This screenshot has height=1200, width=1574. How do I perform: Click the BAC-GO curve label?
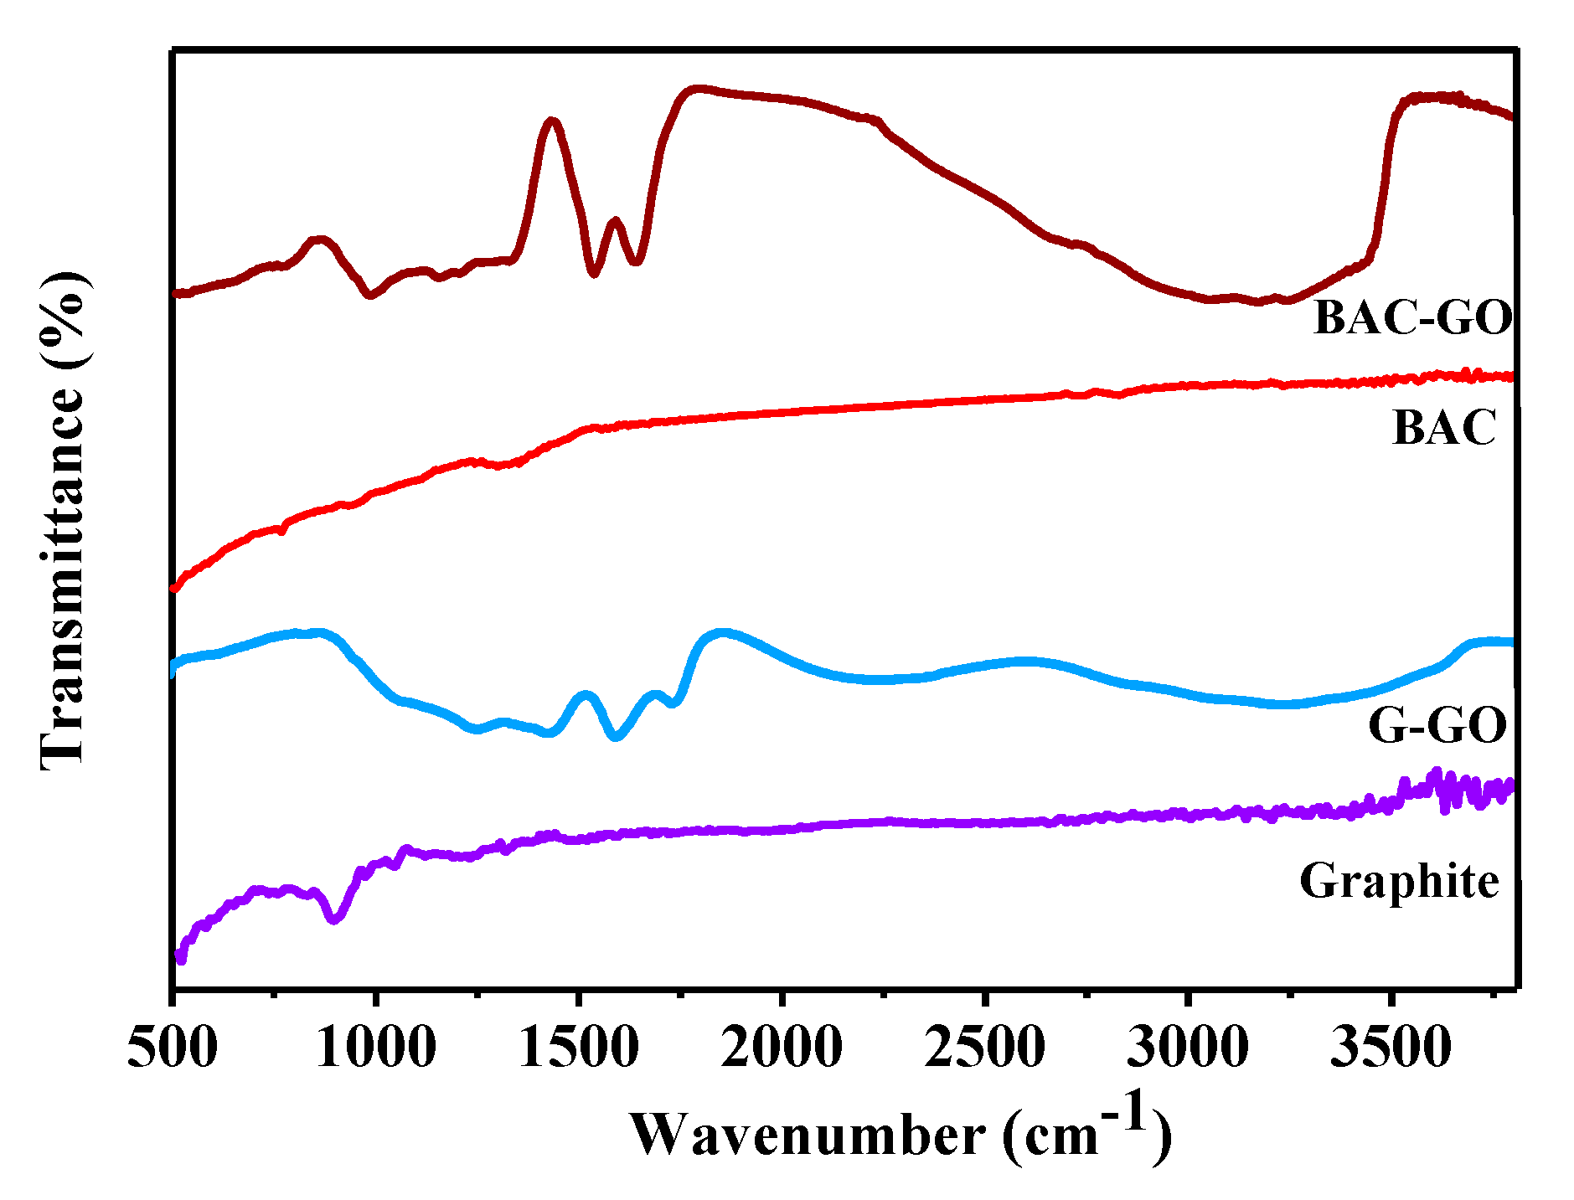point(1412,317)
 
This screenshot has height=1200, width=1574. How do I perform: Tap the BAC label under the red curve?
point(1443,428)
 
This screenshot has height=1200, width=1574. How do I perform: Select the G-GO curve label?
point(1437,725)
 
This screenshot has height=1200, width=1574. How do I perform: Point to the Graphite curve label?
point(1399,881)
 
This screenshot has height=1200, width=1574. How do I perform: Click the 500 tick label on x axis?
point(173,1048)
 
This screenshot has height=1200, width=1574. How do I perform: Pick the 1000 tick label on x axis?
point(376,1048)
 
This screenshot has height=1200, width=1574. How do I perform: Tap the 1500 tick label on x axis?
point(579,1048)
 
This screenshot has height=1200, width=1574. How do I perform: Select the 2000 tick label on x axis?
point(782,1048)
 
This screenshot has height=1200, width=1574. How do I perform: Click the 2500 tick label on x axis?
point(985,1048)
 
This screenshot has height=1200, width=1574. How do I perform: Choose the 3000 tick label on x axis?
point(1188,1048)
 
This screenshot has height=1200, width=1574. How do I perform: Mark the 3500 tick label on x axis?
point(1391,1048)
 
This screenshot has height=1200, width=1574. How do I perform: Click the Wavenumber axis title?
point(900,1135)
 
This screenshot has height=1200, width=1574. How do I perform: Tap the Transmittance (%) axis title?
point(64,519)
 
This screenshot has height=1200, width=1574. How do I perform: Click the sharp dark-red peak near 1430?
point(551,121)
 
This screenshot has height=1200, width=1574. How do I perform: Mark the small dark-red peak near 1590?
point(616,221)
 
